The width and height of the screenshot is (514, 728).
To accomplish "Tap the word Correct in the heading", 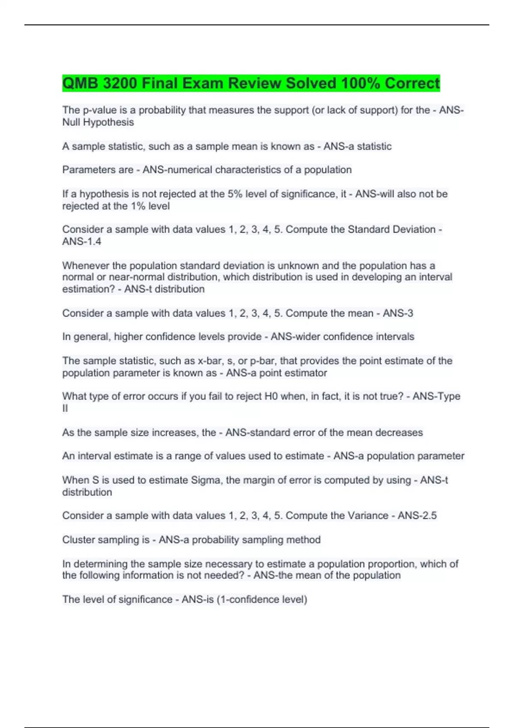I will click(x=412, y=83).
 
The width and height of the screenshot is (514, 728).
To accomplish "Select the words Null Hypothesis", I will click(x=98, y=122).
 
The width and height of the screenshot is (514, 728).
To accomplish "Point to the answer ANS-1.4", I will click(x=82, y=242).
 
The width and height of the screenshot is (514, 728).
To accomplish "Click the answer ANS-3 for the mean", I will click(x=397, y=313).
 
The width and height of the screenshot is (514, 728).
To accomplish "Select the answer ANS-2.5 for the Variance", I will click(x=417, y=516).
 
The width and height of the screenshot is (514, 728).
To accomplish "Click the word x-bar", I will click(x=211, y=361).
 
